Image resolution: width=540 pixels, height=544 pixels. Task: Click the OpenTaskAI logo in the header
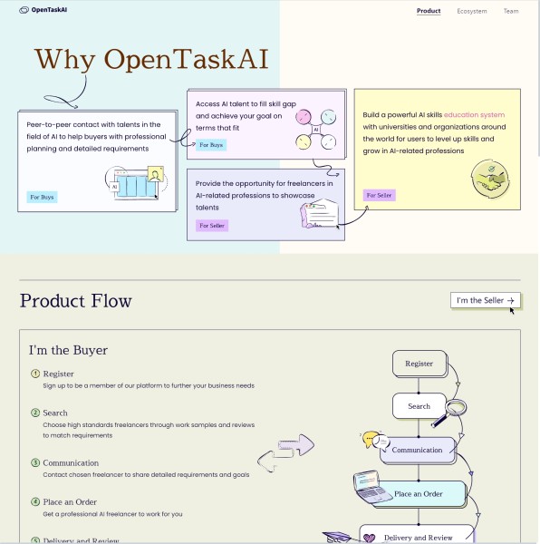(x=43, y=10)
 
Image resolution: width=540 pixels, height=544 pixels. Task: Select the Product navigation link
(x=429, y=11)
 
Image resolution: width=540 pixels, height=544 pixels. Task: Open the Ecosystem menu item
(x=472, y=11)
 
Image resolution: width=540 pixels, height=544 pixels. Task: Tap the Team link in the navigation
(x=511, y=11)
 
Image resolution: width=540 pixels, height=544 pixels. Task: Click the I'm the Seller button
(x=486, y=300)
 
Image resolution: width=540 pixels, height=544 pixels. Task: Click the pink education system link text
(x=474, y=114)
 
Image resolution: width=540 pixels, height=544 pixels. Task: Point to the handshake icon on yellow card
(x=490, y=179)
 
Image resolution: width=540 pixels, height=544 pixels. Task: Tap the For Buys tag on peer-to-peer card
(x=42, y=197)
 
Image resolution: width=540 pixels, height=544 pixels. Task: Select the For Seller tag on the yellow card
(x=380, y=195)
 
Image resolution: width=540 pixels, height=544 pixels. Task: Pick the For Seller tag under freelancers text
(x=212, y=226)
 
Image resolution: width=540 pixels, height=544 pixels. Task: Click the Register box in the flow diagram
(x=419, y=364)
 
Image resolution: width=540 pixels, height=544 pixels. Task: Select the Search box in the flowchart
(x=419, y=406)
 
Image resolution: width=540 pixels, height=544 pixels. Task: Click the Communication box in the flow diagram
(x=418, y=450)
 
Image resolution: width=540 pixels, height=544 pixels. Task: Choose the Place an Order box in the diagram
(x=421, y=494)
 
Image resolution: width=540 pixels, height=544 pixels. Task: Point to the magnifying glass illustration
(x=449, y=413)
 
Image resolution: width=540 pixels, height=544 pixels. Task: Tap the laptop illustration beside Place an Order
(x=369, y=486)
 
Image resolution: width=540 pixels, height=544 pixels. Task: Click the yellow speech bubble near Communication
(x=370, y=439)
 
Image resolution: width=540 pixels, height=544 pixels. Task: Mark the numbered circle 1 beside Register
(x=35, y=374)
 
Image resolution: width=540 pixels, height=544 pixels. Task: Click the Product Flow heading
(x=75, y=301)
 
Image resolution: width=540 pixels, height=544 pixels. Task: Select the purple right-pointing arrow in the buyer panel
(x=296, y=444)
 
